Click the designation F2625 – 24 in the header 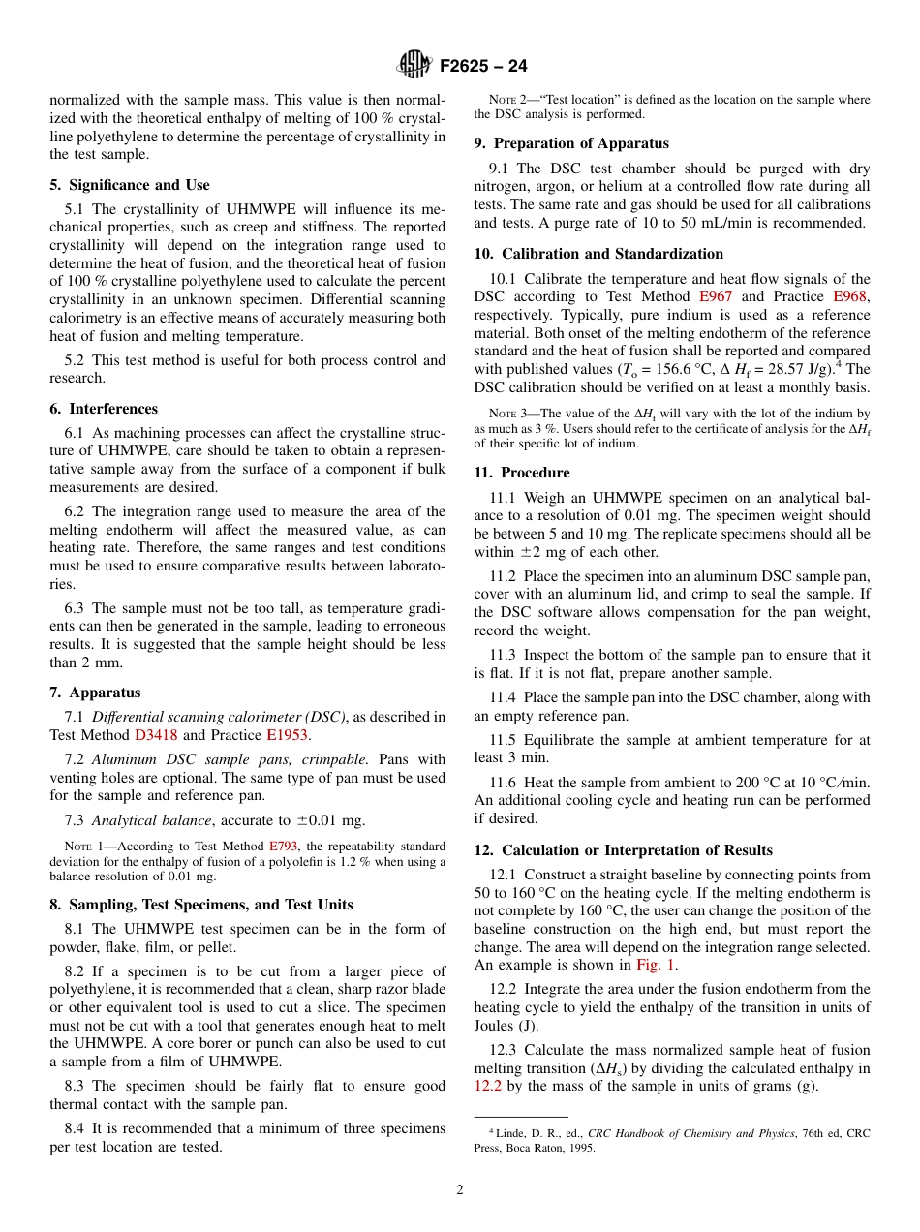point(483,66)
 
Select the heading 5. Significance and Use point(129,185)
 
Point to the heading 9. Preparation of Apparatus point(571,143)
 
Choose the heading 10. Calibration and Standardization point(598,254)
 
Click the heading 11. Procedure point(522,473)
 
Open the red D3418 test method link point(155,735)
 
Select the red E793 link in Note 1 point(283,847)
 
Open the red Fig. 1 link point(656,965)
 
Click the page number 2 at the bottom point(460,1190)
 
